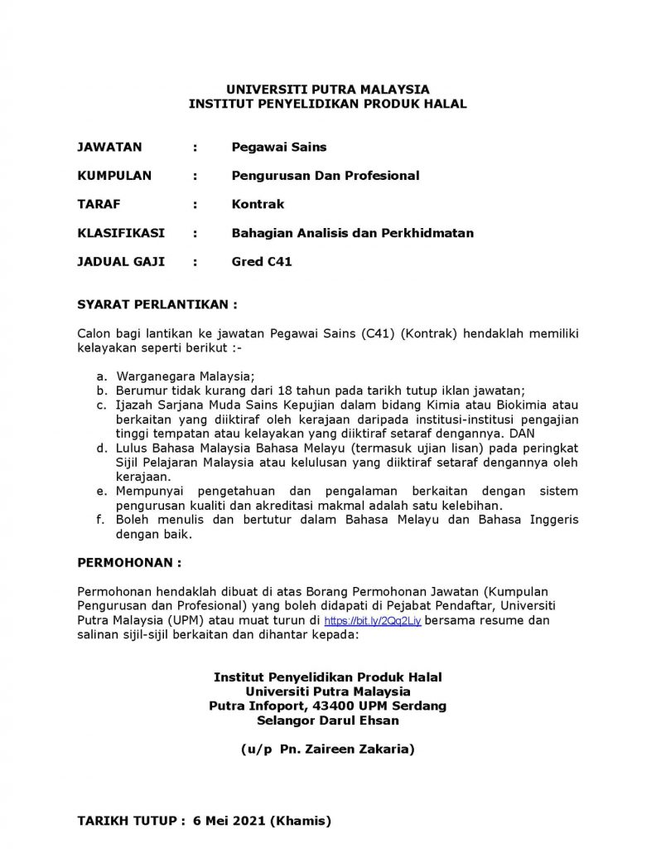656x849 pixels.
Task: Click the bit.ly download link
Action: (373, 620)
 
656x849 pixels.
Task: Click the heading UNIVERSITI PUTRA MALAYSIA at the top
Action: (327, 90)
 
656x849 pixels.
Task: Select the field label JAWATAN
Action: (109, 148)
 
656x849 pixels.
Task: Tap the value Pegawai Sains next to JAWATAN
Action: (279, 148)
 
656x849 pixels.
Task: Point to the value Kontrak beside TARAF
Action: (258, 204)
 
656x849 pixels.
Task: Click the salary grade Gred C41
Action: (262, 261)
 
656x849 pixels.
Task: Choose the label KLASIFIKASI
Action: (121, 233)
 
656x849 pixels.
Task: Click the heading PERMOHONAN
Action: (128, 561)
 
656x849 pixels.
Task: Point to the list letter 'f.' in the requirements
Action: (100, 520)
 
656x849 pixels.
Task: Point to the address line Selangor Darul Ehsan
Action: (327, 720)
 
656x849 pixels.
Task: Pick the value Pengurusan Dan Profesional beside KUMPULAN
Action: (326, 176)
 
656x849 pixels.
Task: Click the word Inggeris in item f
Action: (550, 520)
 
